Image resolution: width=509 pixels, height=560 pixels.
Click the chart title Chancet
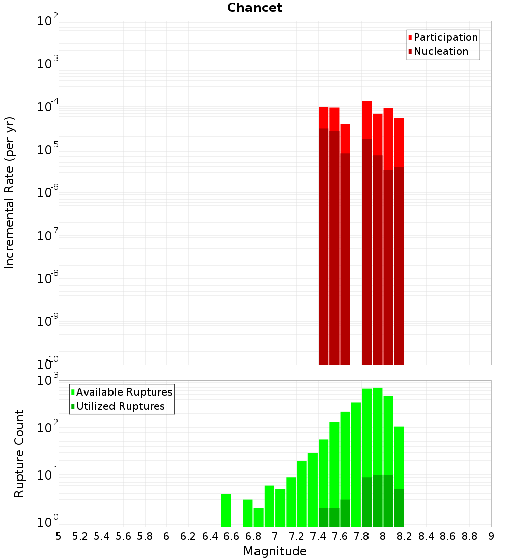[254, 8]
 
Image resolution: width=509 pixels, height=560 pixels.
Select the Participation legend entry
[446, 37]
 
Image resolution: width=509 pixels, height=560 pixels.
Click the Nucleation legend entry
[441, 51]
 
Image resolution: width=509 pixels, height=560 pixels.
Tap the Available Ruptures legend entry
[124, 392]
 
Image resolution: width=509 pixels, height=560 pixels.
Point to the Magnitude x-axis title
[275, 551]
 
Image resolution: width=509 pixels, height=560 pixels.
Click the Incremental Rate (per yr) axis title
[10, 192]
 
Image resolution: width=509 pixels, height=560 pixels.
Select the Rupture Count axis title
[19, 453]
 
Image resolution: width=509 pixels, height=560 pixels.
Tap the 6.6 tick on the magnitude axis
[232, 536]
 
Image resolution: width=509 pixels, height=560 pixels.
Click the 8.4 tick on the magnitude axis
[426, 536]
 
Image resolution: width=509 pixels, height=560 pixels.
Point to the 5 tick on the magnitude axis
[59, 536]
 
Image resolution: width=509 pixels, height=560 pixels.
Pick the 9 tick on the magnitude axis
[491, 536]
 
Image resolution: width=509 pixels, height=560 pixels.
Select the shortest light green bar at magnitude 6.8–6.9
[259, 517]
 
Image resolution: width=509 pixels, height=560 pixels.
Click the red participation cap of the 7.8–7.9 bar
[366, 120]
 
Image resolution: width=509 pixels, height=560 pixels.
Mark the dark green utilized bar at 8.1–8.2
[399, 508]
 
